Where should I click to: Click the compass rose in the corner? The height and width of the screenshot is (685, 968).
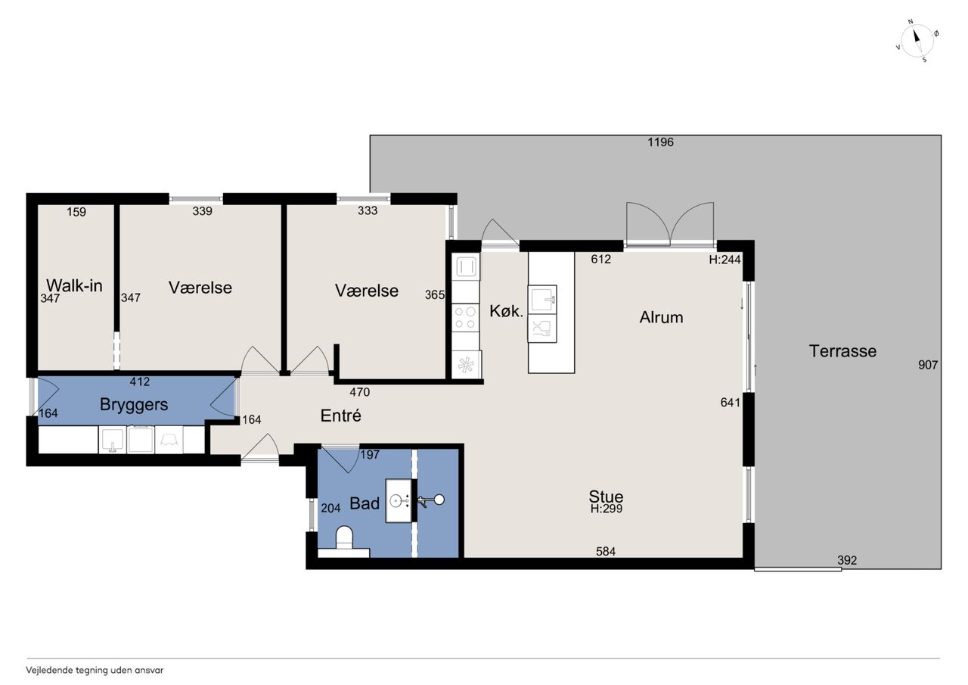[917, 41]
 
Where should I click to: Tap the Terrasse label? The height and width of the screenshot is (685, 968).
[842, 350]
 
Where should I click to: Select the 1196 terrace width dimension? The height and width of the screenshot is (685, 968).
[660, 142]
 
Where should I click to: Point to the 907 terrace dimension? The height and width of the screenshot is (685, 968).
[928, 365]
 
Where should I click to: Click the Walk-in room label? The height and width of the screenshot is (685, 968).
[74, 285]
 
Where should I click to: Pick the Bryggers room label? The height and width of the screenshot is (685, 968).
[134, 404]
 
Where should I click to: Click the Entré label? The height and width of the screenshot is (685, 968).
[340, 416]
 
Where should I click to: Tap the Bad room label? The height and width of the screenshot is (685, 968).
[365, 503]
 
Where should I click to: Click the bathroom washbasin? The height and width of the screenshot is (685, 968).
[398, 501]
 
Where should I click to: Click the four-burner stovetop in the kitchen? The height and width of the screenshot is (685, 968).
[465, 318]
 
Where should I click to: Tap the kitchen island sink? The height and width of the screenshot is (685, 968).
[542, 298]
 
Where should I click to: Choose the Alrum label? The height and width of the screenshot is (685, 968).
[661, 317]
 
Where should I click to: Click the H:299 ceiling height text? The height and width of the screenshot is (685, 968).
[607, 509]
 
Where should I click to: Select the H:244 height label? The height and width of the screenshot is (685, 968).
[724, 260]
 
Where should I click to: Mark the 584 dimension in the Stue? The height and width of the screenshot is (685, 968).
[606, 551]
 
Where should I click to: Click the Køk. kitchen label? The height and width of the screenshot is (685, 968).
[506, 311]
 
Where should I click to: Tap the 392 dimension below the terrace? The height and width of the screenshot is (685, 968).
[847, 560]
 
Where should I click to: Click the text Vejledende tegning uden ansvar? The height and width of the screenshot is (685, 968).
[95, 671]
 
